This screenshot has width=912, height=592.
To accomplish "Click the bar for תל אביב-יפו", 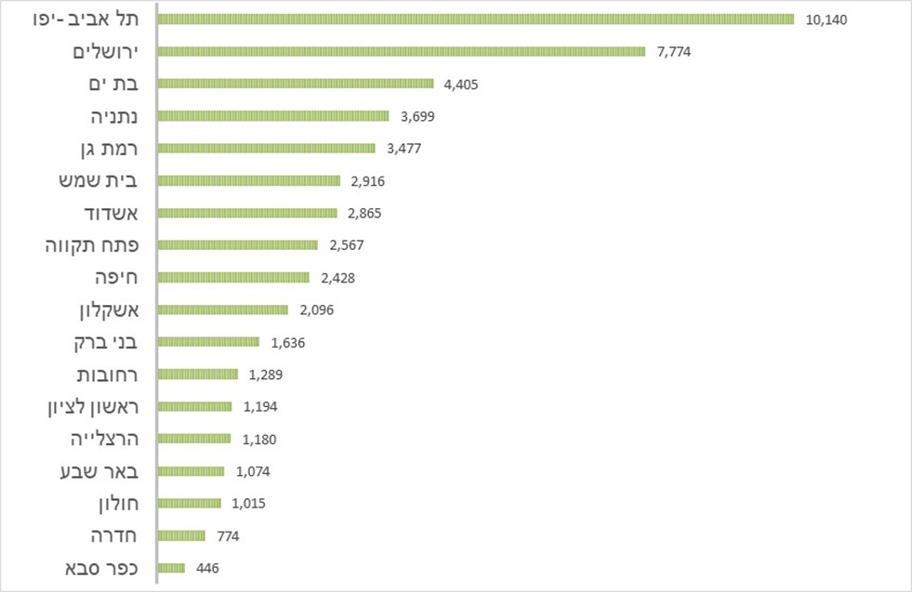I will tap(476, 20).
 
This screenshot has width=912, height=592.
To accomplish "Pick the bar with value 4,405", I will tap(297, 84).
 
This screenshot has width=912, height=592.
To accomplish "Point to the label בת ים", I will tap(114, 85).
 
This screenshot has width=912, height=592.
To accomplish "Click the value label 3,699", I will tap(417, 116).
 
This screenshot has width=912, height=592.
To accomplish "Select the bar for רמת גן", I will tap(267, 149).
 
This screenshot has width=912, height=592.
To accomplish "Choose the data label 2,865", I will tap(363, 213).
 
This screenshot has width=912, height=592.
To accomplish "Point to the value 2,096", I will tap(316, 310).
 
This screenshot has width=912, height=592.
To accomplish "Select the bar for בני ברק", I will tap(209, 342).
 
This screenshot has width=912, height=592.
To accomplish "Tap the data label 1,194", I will tap(260, 407).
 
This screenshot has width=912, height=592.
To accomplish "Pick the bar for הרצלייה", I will tap(195, 439).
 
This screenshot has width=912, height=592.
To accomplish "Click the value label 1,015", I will tap(249, 504).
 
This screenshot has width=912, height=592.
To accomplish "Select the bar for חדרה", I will tap(182, 535).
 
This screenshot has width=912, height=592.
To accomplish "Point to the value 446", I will tap(207, 568).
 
